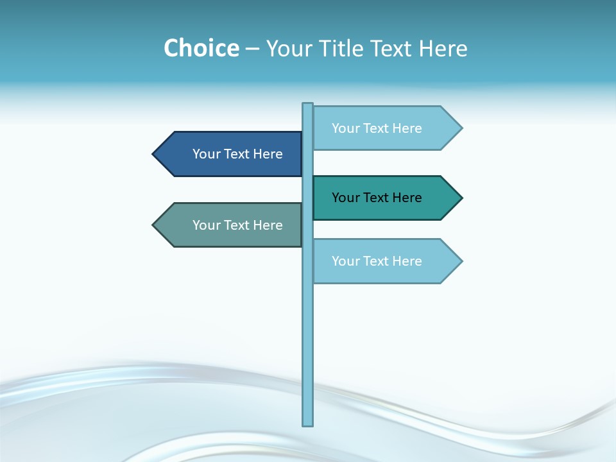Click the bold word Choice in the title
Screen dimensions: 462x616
201,48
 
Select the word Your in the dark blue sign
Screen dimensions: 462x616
206,154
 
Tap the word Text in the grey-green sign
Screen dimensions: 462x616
237,225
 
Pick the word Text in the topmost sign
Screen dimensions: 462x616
376,128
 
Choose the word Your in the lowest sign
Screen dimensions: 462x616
345,261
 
